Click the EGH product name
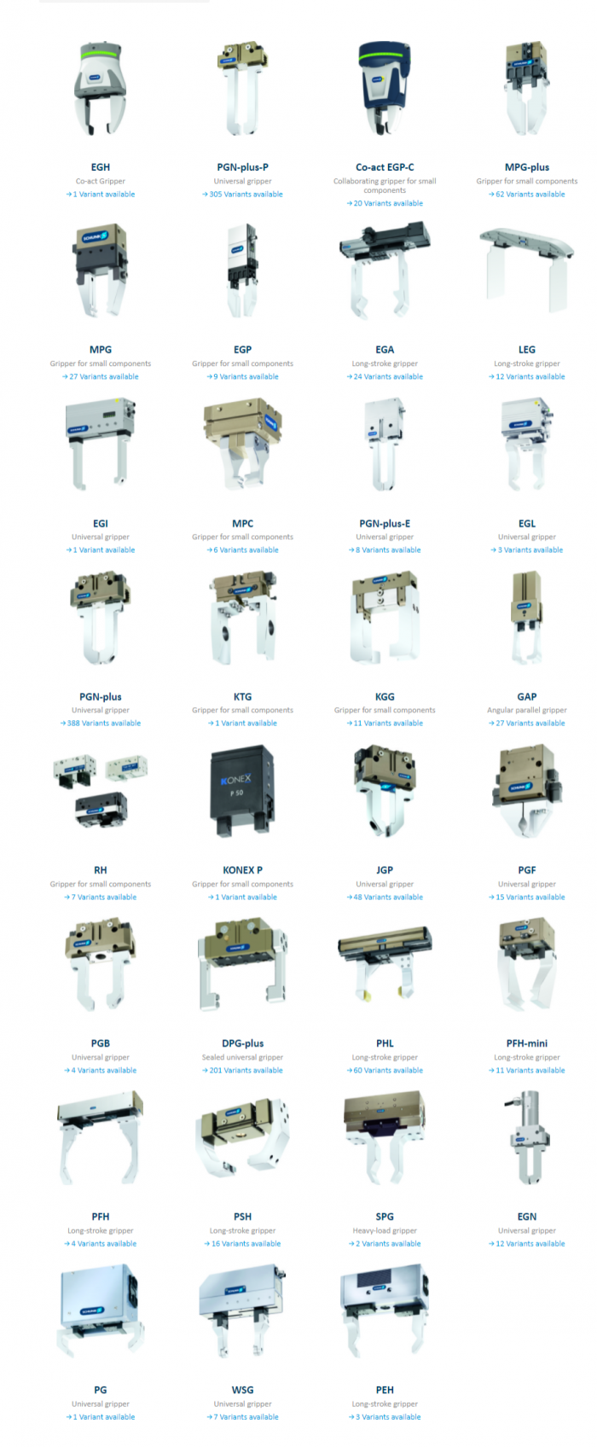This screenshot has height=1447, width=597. tap(101, 167)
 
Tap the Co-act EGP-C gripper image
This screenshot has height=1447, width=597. tap(385, 89)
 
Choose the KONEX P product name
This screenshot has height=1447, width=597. tap(243, 870)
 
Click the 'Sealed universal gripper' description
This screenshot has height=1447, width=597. tap(243, 1057)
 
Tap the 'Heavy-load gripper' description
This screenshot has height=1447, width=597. tap(385, 1230)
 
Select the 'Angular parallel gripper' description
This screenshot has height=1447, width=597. tap(527, 710)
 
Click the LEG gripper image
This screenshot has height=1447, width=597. tap(527, 269)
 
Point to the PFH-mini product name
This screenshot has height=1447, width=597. tap(527, 1043)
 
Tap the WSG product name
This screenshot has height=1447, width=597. tap(243, 1390)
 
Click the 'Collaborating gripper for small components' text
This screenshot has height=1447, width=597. tap(385, 185)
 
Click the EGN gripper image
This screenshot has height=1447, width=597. tap(527, 1139)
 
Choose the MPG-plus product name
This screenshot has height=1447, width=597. tap(527, 167)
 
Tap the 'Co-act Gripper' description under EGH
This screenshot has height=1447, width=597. tap(101, 181)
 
